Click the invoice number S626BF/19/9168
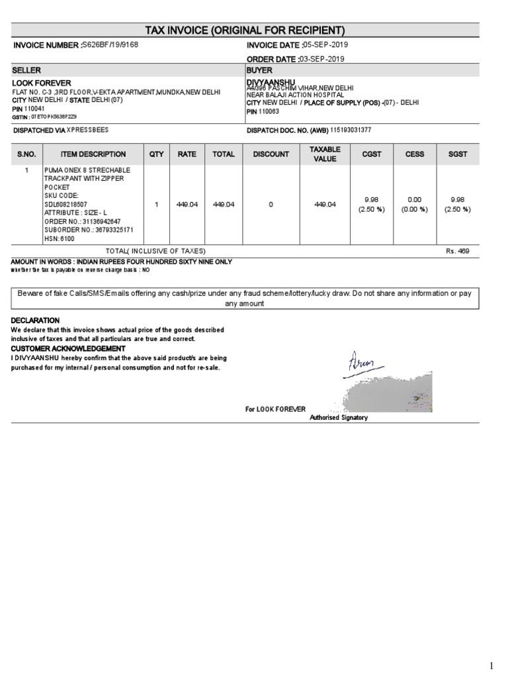click(x=111, y=44)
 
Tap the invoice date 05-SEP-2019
click(x=325, y=44)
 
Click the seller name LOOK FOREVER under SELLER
click(x=40, y=83)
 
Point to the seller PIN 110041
click(x=36, y=108)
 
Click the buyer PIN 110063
click(x=270, y=111)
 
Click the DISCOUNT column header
click(x=271, y=154)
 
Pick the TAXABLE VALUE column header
click(x=325, y=154)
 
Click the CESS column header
click(x=414, y=154)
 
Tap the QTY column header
click(x=156, y=154)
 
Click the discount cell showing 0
click(x=271, y=205)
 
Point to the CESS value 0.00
click(x=414, y=199)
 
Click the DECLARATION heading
click(x=35, y=320)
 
